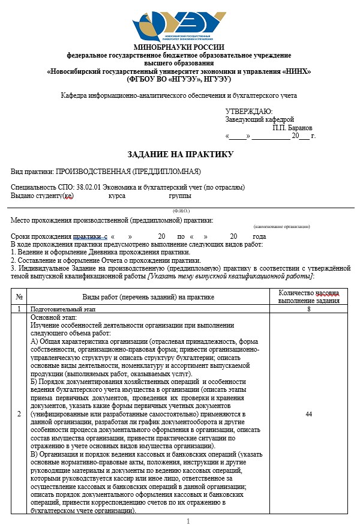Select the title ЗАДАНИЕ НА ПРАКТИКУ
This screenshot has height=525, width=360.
(179, 154)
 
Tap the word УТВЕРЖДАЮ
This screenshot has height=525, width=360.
(248, 111)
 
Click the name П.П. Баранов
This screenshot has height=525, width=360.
(292, 128)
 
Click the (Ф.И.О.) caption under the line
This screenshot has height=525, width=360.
(181, 211)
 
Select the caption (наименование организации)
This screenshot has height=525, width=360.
(281, 227)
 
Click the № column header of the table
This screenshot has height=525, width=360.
(20, 296)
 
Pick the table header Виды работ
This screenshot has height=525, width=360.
(148, 296)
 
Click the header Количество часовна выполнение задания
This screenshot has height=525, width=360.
(308, 296)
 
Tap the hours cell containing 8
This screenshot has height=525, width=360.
(308, 309)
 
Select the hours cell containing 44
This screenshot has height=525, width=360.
(308, 414)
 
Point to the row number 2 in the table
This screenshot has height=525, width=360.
(20, 414)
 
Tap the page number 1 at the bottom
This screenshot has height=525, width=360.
(188, 520)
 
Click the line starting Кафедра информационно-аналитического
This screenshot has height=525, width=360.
(179, 95)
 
